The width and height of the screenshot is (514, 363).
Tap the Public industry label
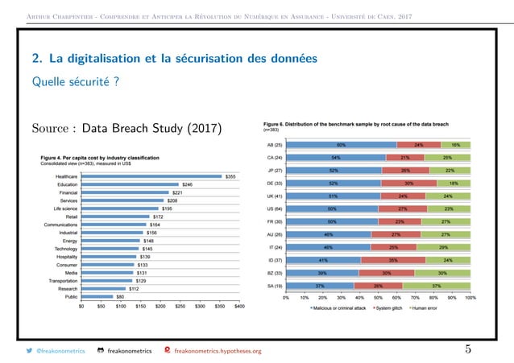pos(71,296)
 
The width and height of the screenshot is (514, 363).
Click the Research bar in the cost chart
pos(103,288)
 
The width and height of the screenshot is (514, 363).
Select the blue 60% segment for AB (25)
pos(342,145)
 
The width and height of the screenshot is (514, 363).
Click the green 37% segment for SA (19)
pos(437,286)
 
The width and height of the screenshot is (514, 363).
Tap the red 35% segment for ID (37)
pos(390,260)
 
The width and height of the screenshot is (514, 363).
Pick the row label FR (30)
pos(274,221)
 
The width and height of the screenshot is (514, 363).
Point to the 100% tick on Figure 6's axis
pos(470,298)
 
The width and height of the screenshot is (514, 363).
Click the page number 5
pos(468,349)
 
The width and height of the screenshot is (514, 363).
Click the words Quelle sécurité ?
pos(70,80)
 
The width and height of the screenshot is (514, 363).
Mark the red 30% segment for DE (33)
pos(408,184)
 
